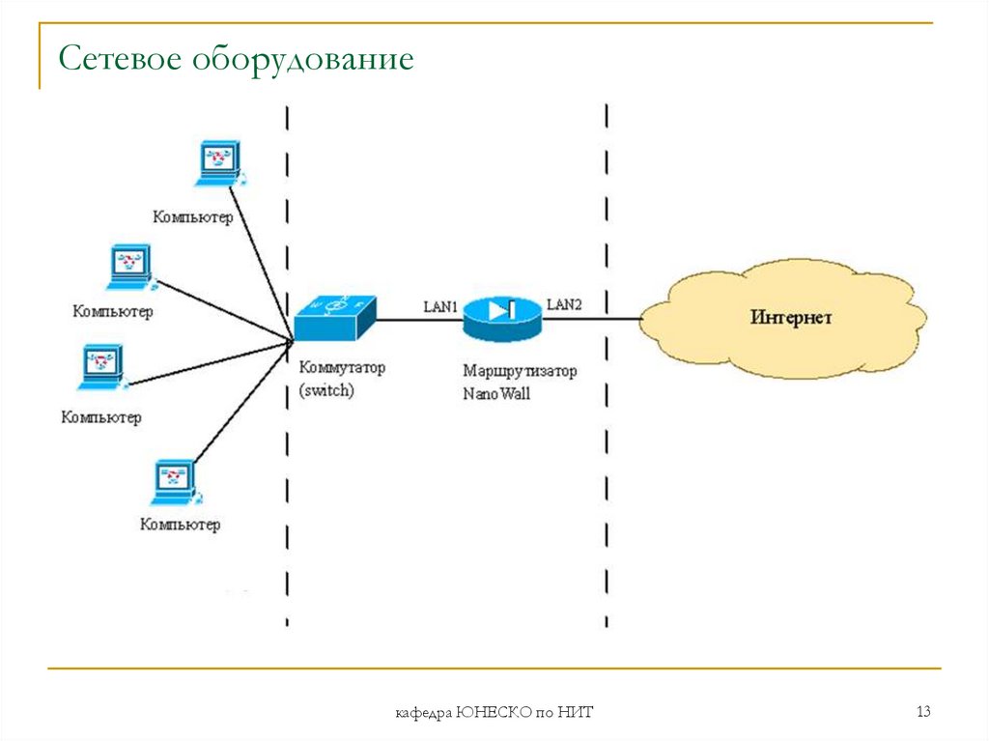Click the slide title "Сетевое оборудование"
click(236, 60)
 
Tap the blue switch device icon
click(333, 318)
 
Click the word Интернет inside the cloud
click(791, 318)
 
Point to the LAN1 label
click(440, 306)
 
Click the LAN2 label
click(564, 304)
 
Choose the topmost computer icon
click(219, 163)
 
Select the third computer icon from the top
click(101, 368)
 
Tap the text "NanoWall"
click(496, 394)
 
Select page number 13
click(923, 713)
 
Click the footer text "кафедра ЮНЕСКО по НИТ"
click(494, 714)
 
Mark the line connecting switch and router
click(417, 319)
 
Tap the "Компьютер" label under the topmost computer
click(192, 217)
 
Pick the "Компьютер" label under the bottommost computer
click(180, 526)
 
